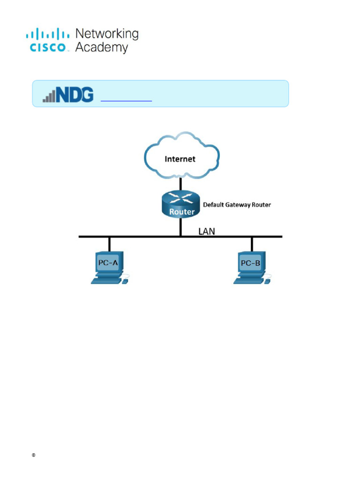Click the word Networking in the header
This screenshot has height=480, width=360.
(107, 34)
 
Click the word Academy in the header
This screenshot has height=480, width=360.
(101, 47)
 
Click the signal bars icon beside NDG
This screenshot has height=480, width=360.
(49, 97)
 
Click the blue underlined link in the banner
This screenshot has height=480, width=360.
(127, 100)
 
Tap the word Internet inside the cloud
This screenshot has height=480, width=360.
(180, 159)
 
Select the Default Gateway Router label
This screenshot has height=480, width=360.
(237, 205)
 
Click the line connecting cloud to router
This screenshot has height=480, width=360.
(181, 183)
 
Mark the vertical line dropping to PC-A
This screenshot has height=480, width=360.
(109, 244)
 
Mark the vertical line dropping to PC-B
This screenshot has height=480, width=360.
(252, 244)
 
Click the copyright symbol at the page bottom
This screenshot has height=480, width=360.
(33, 456)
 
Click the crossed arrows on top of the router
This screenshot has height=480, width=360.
(181, 197)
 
